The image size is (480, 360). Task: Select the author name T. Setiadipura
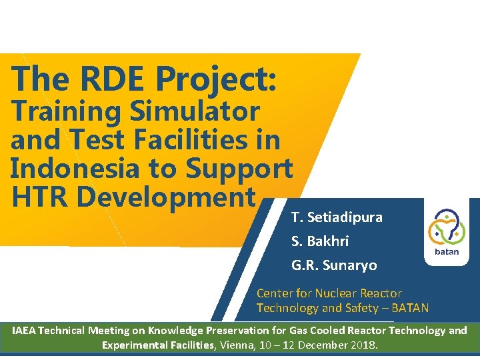pos(337,217)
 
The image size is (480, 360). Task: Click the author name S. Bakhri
pos(320,241)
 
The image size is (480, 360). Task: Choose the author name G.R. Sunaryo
pos(334,265)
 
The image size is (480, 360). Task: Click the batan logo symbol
pos(446,228)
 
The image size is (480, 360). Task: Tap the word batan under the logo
pos(447,252)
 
